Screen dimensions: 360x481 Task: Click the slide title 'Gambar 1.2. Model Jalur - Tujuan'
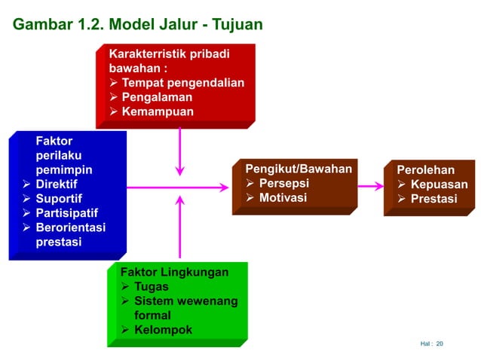pos(138,24)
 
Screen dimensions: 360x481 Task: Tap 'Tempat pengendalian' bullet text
pos(182,83)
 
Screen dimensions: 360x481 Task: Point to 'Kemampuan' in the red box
pos(157,112)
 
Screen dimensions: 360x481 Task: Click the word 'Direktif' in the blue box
pos(57,185)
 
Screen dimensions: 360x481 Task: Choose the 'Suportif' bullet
pos(57,199)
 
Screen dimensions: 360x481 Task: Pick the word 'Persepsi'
pos(283,183)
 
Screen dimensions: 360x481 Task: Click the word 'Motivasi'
pos(283,197)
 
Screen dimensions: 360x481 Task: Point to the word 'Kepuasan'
pos(439,185)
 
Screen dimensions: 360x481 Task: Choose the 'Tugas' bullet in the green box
pos(151,286)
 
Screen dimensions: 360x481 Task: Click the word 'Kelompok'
pos(163,330)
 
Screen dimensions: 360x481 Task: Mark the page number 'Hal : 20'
pos(432,344)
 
